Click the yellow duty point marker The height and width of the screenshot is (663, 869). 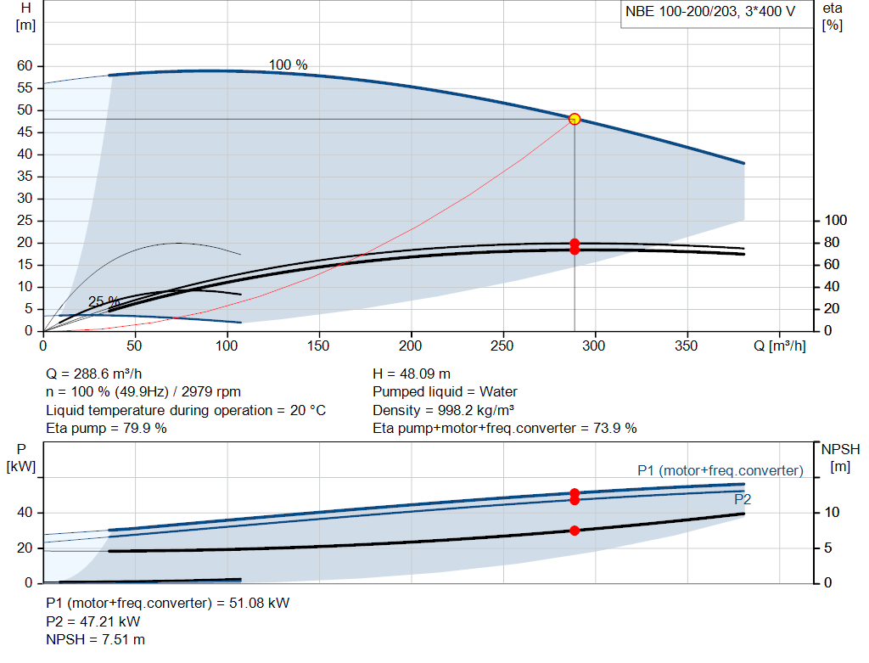575,119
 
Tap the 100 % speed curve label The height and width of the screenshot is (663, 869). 289,65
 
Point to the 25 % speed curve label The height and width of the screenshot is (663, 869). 104,301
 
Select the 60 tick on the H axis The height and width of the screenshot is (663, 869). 25,66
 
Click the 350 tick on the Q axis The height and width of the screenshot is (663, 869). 686,346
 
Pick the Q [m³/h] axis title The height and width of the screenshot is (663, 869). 780,346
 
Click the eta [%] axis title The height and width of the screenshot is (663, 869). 833,17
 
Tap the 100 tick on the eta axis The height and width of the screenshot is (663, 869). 835,221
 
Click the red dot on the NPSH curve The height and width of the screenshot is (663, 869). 575,531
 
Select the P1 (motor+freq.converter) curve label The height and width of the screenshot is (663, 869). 720,470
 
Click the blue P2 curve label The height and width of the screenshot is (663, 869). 743,499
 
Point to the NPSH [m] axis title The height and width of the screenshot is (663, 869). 840,458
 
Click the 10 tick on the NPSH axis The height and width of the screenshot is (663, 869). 832,512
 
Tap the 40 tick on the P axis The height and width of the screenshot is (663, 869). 25,512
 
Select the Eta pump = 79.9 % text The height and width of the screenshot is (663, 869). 106,429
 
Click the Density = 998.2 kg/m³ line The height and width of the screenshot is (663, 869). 443,410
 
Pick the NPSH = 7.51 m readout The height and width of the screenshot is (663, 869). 95,640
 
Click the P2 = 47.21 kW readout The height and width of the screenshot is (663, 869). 93,621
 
